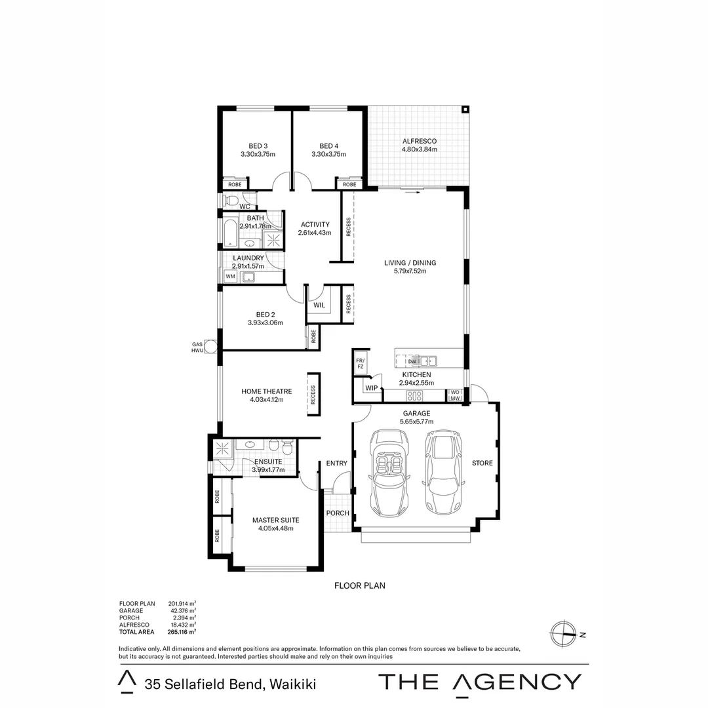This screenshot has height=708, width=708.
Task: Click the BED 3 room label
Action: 258,146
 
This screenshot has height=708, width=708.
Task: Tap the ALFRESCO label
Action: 419,141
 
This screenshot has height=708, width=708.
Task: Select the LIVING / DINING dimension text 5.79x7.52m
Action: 410,271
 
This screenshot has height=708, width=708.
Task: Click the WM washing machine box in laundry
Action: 230,277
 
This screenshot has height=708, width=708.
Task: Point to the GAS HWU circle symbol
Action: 210,347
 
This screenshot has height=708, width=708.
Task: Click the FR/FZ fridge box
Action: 360,364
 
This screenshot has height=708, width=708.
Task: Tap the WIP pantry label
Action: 371,388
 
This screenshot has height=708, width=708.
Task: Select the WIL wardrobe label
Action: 319,305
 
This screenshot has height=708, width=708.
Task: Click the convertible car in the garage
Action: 390,472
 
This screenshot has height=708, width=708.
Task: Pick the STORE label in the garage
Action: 482,463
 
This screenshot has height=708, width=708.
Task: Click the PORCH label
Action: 338,513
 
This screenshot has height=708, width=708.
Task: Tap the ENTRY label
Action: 336,463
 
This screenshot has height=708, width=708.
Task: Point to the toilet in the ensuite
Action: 285,448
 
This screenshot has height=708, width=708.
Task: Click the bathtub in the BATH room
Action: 229,231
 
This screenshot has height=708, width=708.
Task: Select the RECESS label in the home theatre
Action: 313,395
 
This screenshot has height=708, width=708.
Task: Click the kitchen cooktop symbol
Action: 414,395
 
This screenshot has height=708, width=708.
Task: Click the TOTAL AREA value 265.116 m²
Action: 182,633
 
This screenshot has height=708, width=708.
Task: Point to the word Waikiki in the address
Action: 292,684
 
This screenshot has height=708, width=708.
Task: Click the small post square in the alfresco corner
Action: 465,109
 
